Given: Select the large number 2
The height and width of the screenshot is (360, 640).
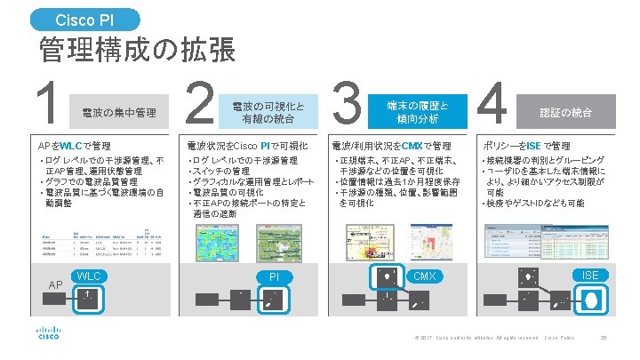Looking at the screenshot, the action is (x=199, y=105).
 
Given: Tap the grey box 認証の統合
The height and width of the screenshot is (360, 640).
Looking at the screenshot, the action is (x=566, y=112).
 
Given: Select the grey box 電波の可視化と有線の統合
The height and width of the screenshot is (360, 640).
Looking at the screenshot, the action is (x=268, y=111).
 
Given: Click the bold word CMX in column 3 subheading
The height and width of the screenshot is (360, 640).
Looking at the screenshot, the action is (x=412, y=145).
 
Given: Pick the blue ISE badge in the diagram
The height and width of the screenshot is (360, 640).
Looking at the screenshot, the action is (x=589, y=276).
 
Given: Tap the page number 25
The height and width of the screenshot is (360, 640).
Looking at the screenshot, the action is (x=604, y=339).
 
